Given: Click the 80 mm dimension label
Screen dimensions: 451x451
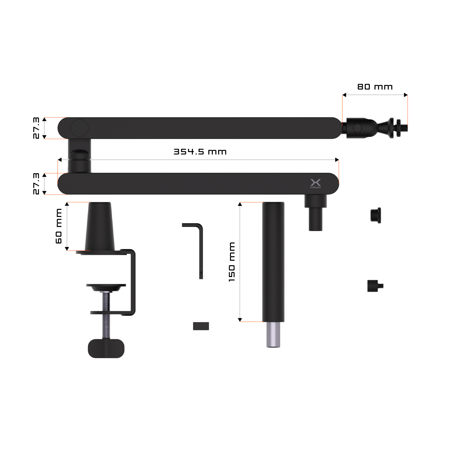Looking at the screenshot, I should pos(375,87).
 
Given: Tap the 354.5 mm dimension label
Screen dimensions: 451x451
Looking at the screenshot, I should pos(200,152).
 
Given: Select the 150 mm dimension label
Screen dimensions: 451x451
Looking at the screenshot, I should pos(232,262).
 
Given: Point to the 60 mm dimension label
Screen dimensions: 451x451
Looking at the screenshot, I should pos(59,226).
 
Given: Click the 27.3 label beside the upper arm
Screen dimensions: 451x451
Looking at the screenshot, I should pos(36,128).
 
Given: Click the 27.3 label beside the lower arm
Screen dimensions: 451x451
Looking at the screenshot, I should pos(36,184).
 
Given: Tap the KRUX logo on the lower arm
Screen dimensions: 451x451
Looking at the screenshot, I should pos(315,183).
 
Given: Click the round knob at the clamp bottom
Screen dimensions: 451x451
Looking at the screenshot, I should pos(106,348).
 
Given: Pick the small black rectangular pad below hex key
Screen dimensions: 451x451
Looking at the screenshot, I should pos(201,326).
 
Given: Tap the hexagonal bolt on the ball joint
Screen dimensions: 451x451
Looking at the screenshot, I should pos(357,128).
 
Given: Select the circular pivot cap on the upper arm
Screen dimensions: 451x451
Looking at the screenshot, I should pos(79,128).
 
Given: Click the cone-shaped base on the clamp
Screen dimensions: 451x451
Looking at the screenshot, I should pos(100,227).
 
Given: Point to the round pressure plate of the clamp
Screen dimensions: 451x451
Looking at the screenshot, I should pos(106,287).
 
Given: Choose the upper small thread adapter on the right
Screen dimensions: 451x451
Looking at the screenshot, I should pos(375,215).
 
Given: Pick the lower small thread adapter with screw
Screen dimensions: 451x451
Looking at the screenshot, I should pos(375,286).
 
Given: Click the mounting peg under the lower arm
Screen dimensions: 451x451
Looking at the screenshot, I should pos(315,214).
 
